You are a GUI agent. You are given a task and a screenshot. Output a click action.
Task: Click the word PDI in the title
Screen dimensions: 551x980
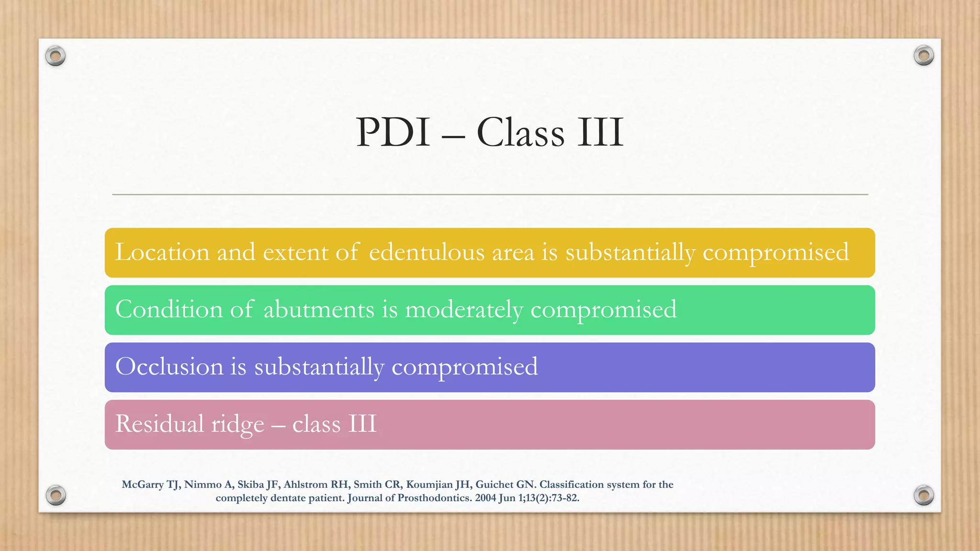pos(393,132)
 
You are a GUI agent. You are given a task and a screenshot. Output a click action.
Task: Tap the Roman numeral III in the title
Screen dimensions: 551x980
pos(600,132)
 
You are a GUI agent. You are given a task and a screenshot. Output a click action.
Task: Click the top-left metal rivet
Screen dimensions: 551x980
pos(56,56)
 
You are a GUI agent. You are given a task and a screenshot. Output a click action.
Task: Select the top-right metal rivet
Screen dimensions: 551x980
pos(924,56)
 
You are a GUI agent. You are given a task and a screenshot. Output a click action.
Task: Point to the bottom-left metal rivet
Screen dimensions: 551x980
pos(56,495)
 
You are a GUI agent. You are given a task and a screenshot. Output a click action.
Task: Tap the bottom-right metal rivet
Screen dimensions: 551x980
pos(924,495)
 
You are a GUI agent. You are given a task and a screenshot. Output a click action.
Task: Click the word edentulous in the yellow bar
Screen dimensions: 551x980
pos(427,253)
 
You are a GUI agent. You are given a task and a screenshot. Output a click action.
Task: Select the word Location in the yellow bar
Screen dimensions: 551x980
pos(162,253)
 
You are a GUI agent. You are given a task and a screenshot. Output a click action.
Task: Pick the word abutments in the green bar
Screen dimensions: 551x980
pos(319,310)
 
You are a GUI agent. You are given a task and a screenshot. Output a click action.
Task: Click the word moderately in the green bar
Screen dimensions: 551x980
pos(464,310)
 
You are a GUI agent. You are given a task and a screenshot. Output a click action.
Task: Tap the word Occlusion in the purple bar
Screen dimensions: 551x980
pos(169,367)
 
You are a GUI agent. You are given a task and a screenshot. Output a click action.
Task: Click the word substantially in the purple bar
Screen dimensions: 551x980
pos(319,367)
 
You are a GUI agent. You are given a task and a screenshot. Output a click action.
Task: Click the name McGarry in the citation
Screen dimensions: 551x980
pos(143,485)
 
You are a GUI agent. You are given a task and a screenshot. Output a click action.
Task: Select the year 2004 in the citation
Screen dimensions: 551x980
pos(485,498)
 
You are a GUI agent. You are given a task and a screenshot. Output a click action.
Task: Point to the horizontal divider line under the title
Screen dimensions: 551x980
pos(490,195)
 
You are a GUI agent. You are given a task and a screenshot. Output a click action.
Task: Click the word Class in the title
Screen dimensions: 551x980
pos(520,132)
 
